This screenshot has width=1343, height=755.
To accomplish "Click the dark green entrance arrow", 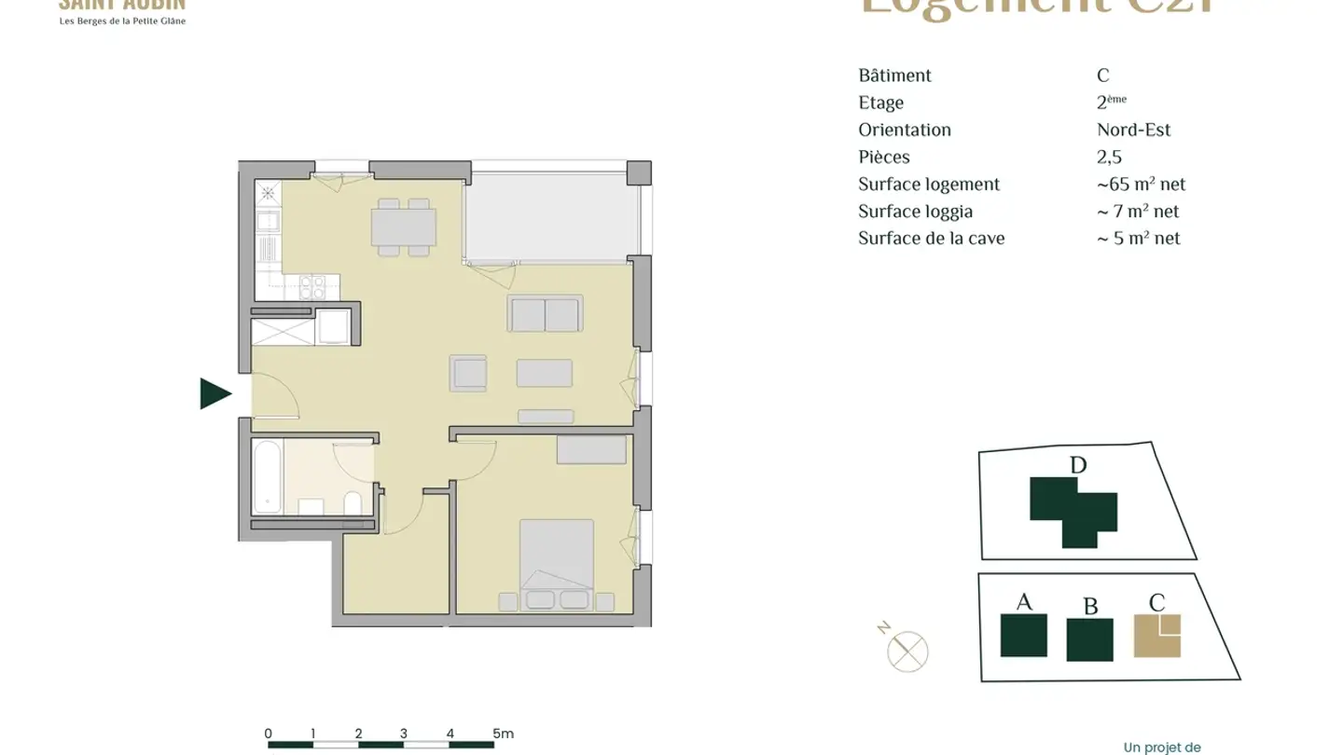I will click(x=214, y=394).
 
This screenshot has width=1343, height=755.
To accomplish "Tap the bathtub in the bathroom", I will click(x=268, y=476).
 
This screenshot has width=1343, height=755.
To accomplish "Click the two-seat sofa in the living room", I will click(x=546, y=314).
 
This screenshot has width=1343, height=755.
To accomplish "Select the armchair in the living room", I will click(x=467, y=373).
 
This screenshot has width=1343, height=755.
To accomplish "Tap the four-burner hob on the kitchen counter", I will click(x=312, y=286).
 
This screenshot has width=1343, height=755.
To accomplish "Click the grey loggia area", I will click(x=551, y=213).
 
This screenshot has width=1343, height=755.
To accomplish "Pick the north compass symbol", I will click(x=907, y=650).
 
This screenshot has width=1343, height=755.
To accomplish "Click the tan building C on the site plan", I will click(x=1156, y=636).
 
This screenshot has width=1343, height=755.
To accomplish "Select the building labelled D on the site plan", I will click(x=1072, y=510).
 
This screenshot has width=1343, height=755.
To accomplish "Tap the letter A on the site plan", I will click(x=1024, y=602).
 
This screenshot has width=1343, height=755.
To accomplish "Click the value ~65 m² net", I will click(x=1141, y=185).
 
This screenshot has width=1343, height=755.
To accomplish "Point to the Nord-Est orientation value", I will click(x=1133, y=130).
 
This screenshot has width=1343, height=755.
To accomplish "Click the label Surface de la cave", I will click(x=931, y=239).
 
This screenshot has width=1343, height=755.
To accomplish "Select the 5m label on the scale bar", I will click(x=503, y=734).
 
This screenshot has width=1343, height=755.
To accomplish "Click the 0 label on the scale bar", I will click(x=269, y=734).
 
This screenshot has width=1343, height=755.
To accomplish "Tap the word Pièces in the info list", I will click(x=883, y=158).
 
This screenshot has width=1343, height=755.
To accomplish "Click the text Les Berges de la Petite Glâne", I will click(x=122, y=21).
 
